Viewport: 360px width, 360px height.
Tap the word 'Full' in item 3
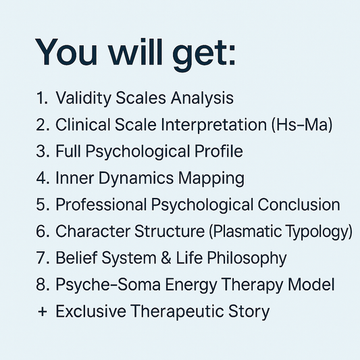[x=68, y=151]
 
